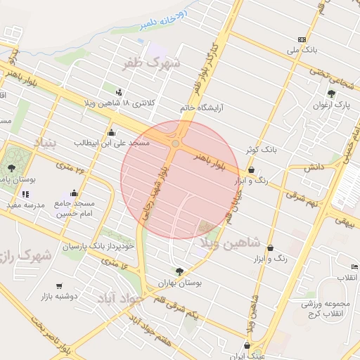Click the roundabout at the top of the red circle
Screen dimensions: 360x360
(175, 143)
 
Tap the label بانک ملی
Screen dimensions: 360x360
(302, 51)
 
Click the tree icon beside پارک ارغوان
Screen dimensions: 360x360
(331, 93)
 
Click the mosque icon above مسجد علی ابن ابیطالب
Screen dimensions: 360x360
(110, 132)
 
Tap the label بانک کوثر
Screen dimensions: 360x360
(262, 150)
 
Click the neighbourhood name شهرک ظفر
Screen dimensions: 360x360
(151, 64)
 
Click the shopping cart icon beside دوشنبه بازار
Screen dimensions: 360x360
(59, 286)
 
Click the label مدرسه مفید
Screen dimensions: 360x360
(25, 205)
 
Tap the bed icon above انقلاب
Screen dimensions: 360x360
(354, 267)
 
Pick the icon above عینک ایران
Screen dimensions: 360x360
(247, 345)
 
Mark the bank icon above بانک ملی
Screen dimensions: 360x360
(302, 39)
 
